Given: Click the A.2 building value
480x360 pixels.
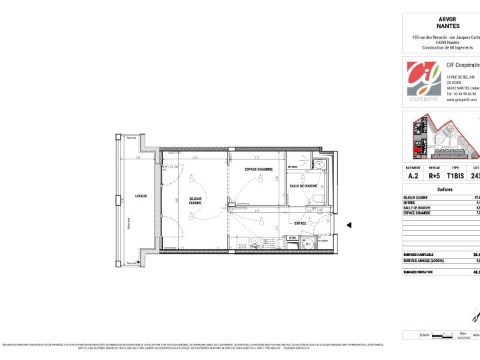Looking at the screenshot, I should pyautogui.click(x=413, y=177).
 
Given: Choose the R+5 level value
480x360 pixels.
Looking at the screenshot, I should pyautogui.click(x=435, y=177).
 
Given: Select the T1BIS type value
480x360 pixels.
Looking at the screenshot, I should pyautogui.click(x=455, y=177).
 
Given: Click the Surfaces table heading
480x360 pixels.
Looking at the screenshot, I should pyautogui.click(x=445, y=190).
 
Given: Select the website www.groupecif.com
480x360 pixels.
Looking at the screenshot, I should pyautogui.click(x=461, y=100).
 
